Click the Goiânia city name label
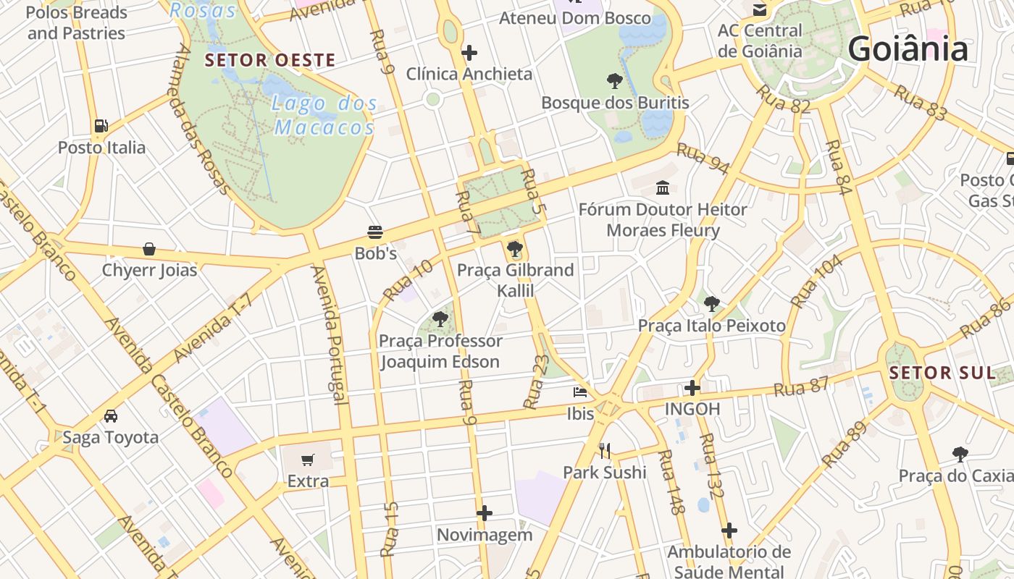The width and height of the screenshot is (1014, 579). (908, 49)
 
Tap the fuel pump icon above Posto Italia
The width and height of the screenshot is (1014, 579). (101, 126)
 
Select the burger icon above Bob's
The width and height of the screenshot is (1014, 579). (375, 232)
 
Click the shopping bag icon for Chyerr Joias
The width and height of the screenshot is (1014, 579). (149, 249)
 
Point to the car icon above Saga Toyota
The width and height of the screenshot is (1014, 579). (111, 415)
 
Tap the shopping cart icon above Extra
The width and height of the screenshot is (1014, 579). (308, 460)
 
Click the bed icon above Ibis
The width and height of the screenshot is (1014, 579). (580, 392)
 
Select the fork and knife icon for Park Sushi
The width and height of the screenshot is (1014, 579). (606, 451)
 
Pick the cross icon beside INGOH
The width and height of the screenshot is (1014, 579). (692, 388)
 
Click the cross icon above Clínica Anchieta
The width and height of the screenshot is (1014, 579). (469, 52)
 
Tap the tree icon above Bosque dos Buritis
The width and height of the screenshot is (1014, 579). (615, 80)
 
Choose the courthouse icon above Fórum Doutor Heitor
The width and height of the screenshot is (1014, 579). (663, 188)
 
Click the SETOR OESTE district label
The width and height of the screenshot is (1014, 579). (270, 60)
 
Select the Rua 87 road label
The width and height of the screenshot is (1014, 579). (800, 388)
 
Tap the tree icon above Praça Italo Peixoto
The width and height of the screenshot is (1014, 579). (712, 304)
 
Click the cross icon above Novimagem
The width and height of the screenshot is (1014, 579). (485, 513)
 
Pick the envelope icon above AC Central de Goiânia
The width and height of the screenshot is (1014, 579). (760, 10)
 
